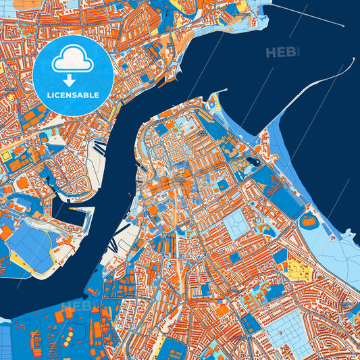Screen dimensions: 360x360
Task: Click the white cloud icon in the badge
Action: coord(71,61)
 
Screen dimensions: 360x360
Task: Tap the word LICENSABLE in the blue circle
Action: coord(71,95)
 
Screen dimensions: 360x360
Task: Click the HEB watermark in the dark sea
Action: coord(282,53)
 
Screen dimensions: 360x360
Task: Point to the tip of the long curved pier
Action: coord(352,59)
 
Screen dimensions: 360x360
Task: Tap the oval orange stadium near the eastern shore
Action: coord(308,220)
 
